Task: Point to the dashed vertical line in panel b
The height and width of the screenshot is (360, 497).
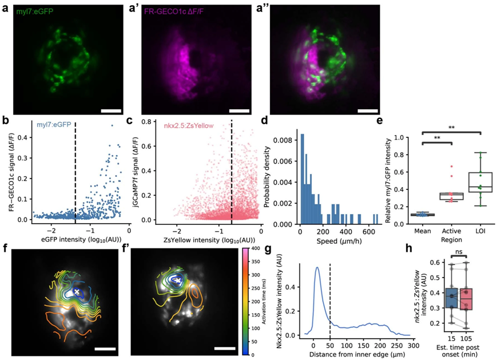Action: tap(75, 172)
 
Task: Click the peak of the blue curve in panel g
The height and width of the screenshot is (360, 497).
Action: tap(317, 267)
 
